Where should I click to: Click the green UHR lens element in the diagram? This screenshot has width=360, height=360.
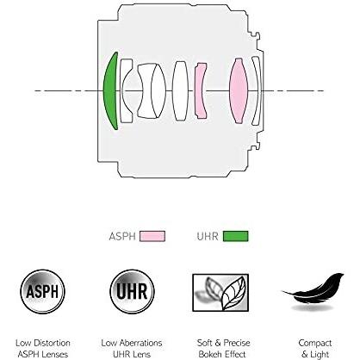[110, 90]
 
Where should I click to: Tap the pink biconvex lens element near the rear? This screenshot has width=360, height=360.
[239, 90]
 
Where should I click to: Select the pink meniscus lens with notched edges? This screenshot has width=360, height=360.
[200, 90]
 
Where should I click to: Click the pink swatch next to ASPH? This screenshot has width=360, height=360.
[152, 236]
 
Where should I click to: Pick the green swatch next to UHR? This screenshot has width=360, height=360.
[235, 236]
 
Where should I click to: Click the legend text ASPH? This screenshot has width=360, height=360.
[122, 237]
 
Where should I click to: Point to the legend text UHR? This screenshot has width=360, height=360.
[208, 237]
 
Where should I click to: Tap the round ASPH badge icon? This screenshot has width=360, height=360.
[42, 291]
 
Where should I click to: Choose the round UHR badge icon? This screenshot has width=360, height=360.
[132, 291]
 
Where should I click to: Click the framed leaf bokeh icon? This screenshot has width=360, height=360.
[220, 293]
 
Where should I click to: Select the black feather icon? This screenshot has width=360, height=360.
[313, 289]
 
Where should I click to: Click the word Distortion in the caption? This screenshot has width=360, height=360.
[52, 343]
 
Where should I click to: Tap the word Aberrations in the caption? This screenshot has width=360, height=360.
[140, 343]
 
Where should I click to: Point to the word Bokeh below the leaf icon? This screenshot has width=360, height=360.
[210, 354]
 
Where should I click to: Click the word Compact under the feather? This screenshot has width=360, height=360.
[315, 343]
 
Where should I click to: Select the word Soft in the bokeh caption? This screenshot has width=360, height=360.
[204, 343]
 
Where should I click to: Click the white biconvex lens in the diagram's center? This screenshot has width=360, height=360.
[180, 90]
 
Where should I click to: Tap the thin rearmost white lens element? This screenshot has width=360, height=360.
[257, 90]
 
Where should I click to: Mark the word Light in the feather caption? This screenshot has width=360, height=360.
[320, 355]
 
